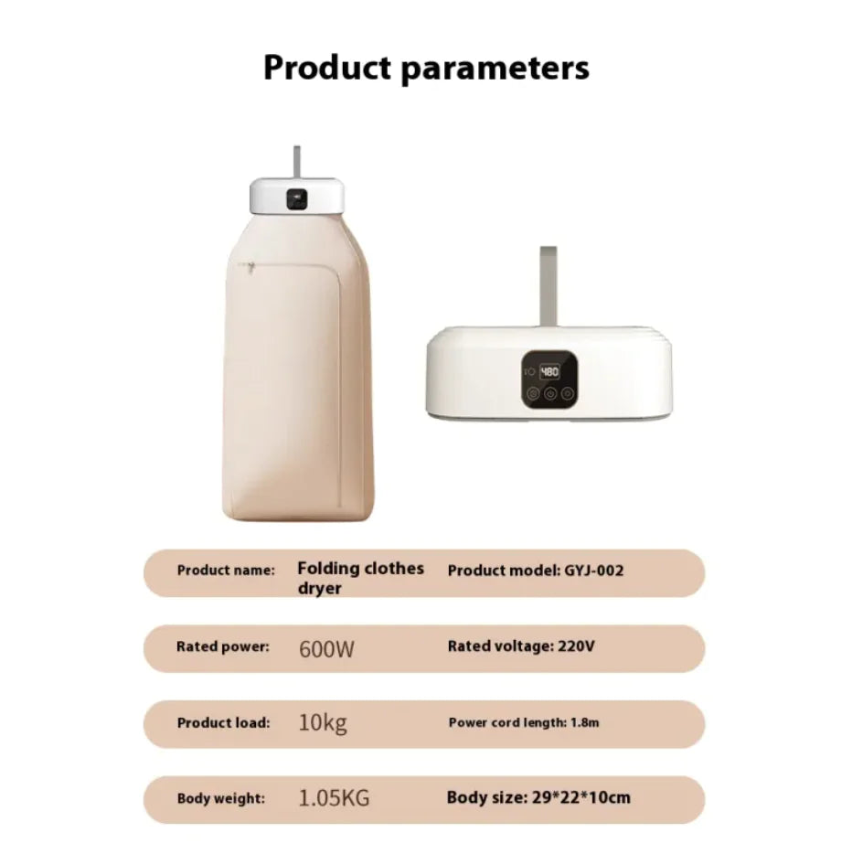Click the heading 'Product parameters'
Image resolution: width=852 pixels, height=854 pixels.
[426, 68]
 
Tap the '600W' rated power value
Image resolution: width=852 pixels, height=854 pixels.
[326, 649]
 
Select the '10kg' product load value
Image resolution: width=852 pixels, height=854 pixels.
[323, 723]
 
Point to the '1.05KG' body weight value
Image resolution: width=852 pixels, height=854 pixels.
[335, 798]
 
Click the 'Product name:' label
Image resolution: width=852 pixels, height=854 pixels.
[226, 571]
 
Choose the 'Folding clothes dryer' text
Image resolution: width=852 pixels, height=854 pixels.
[360, 578]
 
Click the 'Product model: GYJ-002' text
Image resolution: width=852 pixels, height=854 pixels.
[536, 571]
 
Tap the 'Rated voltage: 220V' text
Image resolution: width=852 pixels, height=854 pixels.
[521, 646]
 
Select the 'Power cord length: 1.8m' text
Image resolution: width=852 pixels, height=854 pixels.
[524, 722]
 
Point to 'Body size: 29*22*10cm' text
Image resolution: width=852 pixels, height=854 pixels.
[538, 797]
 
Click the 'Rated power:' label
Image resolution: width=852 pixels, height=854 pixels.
[223, 647]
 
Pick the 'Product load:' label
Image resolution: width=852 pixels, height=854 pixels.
[223, 722]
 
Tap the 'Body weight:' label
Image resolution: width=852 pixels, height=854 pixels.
[221, 798]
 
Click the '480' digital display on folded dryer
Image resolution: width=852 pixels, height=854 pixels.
[549, 372]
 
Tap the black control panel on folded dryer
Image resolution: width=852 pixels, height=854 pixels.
[549, 379]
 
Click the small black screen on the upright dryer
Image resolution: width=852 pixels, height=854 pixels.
[297, 198]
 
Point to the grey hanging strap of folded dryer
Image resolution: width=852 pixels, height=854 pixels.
[548, 286]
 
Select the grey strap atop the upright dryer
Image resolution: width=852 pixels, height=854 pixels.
[297, 163]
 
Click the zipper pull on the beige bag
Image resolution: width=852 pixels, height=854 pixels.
[250, 267]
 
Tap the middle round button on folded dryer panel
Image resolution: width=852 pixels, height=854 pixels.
[550, 393]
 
